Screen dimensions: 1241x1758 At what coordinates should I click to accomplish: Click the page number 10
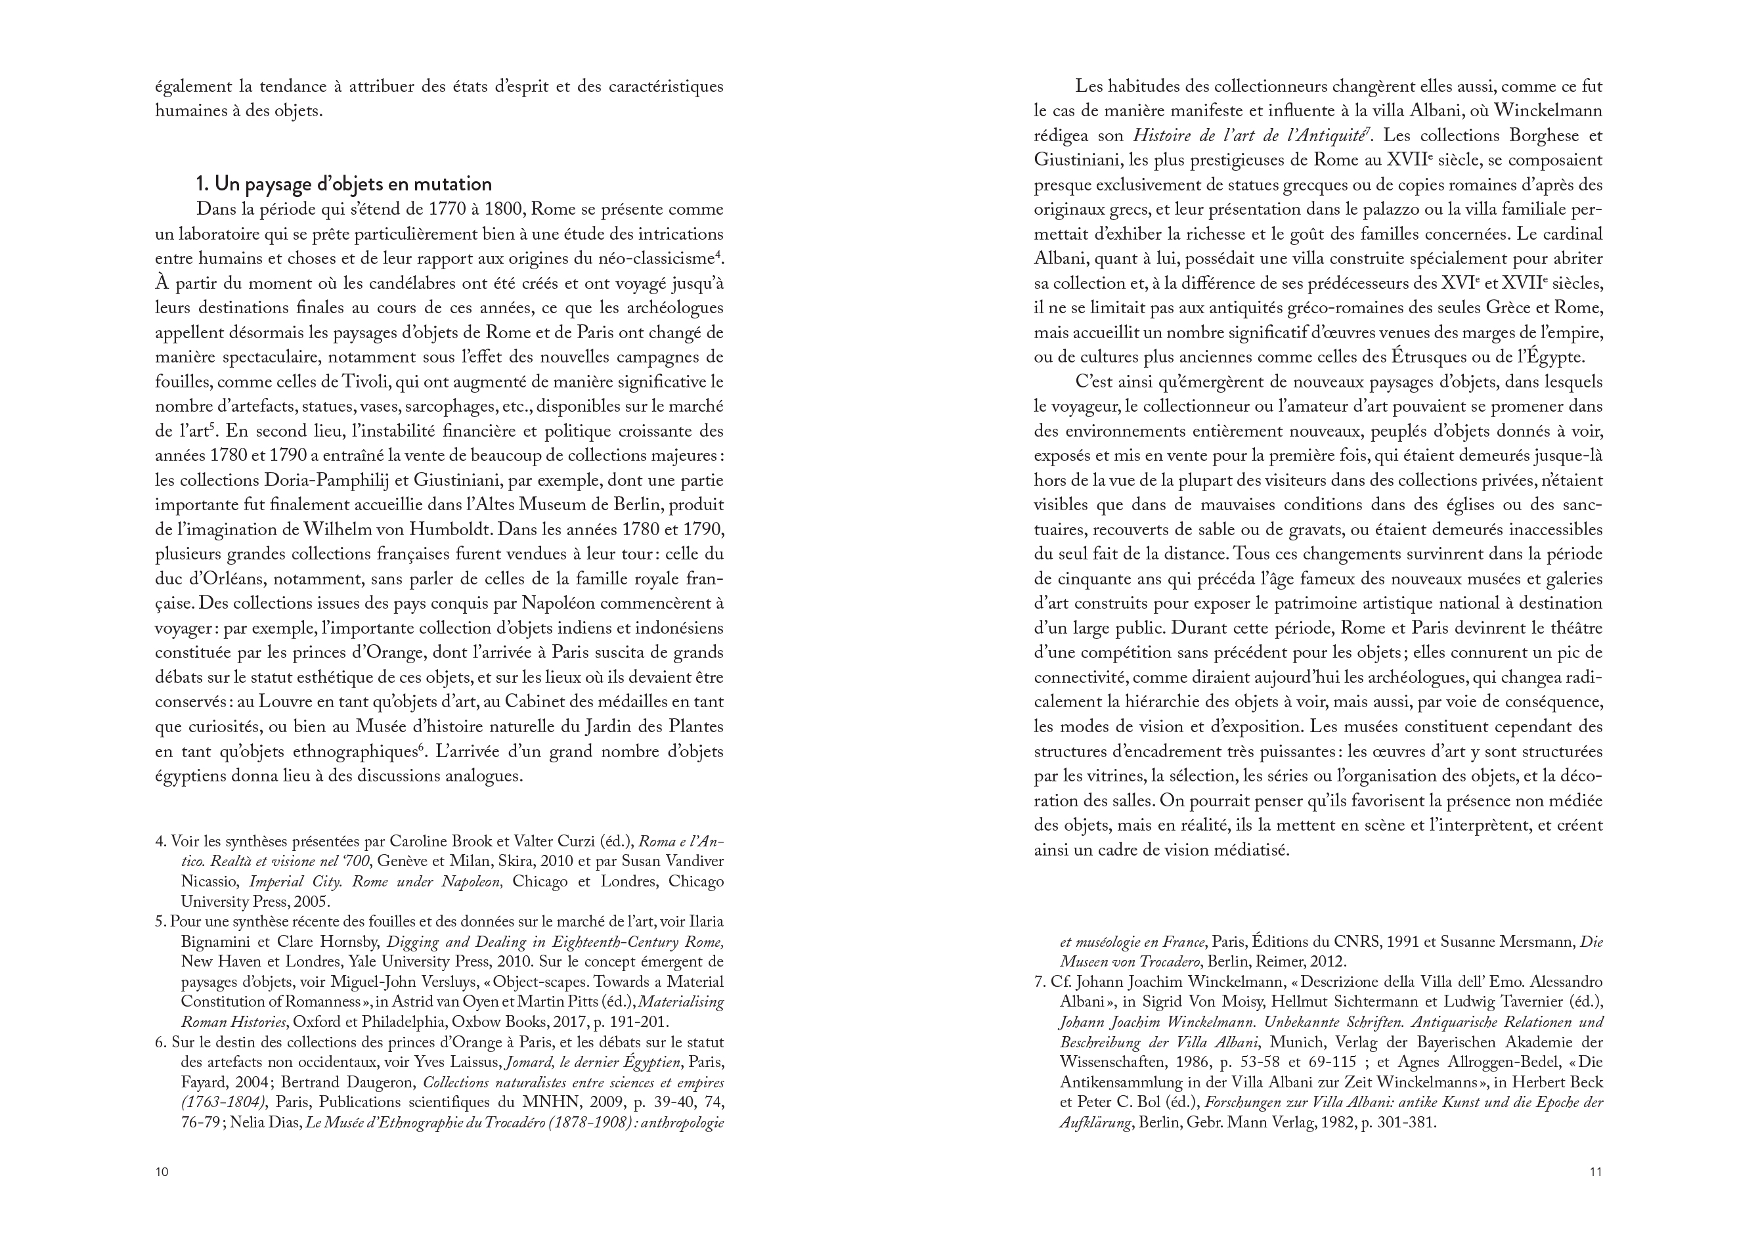162,1171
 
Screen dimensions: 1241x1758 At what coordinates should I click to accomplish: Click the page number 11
1596,1171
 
